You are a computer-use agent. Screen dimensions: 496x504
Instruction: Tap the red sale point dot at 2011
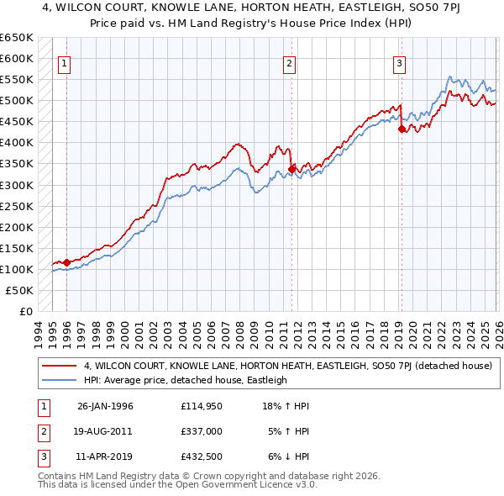coord(291,169)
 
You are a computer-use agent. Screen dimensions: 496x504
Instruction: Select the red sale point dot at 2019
coord(402,129)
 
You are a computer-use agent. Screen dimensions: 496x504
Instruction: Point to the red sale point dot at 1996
coord(66,262)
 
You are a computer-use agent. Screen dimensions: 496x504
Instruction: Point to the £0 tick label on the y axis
coord(25,311)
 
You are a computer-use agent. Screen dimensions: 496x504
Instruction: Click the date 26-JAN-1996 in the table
coord(105,406)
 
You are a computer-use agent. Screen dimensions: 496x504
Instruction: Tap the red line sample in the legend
coord(60,366)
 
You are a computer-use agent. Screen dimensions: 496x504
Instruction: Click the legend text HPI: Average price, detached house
coord(185,380)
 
